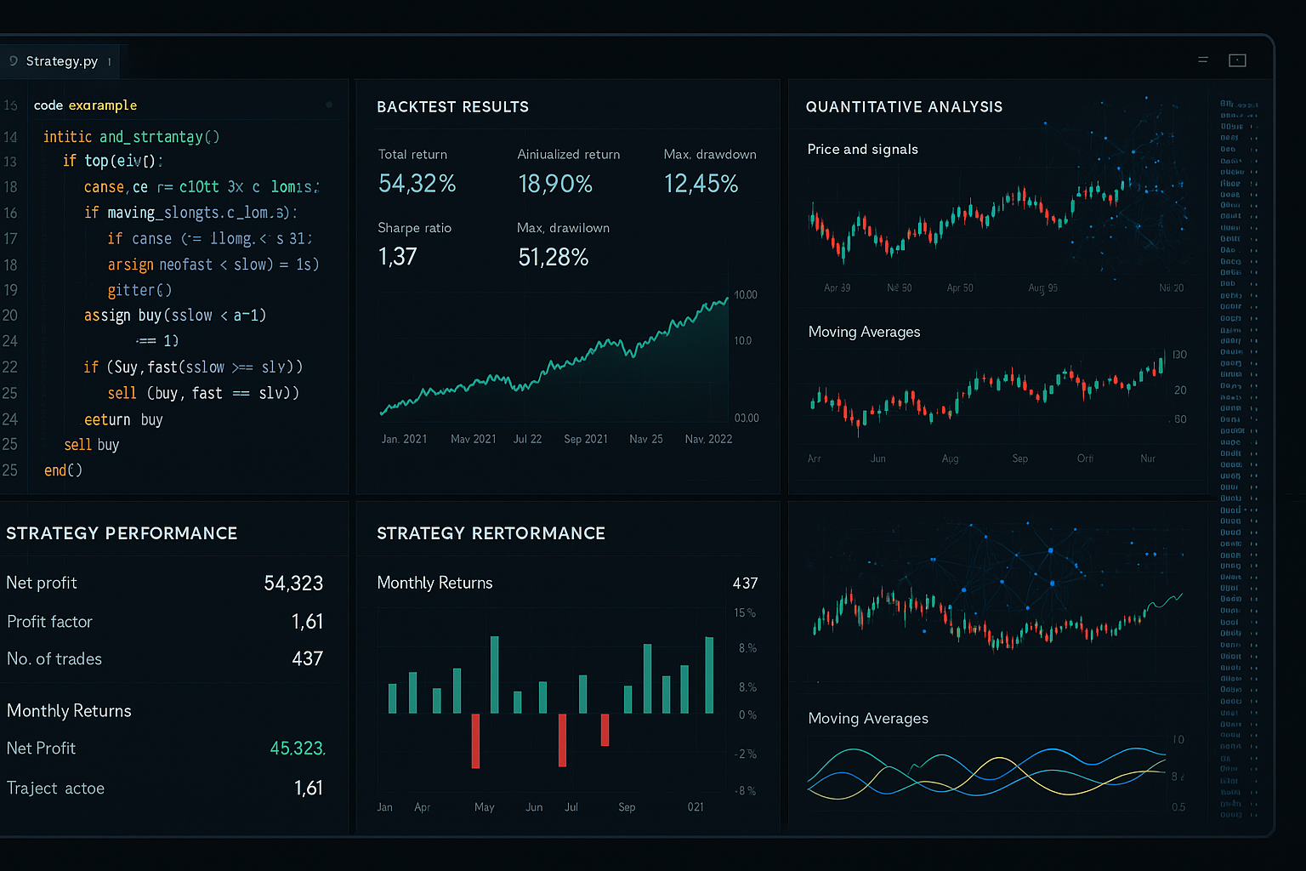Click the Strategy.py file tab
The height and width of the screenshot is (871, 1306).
(x=61, y=61)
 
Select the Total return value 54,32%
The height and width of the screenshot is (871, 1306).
(x=417, y=184)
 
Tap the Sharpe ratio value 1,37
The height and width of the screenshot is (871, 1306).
(x=397, y=257)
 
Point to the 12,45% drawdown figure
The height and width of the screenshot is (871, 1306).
(x=701, y=184)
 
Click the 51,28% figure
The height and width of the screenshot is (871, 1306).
(x=553, y=257)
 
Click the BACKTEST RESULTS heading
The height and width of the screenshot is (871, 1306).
(x=452, y=107)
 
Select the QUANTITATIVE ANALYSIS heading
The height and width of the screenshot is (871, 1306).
(x=904, y=107)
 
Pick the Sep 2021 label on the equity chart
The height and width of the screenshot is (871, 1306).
(x=586, y=439)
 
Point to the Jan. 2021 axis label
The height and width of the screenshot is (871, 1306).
(x=404, y=439)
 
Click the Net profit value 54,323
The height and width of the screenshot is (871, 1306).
(x=293, y=584)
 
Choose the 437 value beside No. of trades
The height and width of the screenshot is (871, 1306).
(x=307, y=659)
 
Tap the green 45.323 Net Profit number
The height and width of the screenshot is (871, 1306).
(x=297, y=749)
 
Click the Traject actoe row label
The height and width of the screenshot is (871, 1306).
(x=55, y=788)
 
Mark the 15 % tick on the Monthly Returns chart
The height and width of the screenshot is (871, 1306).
(x=745, y=613)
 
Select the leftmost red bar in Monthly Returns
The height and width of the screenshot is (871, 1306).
(x=475, y=741)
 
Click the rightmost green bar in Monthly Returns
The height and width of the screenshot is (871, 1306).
(x=709, y=675)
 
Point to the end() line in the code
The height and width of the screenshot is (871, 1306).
(x=63, y=470)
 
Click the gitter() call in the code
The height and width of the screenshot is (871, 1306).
(x=139, y=290)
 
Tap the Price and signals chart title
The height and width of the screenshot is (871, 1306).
(x=862, y=150)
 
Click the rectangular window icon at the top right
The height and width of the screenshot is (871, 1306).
(x=1237, y=60)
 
